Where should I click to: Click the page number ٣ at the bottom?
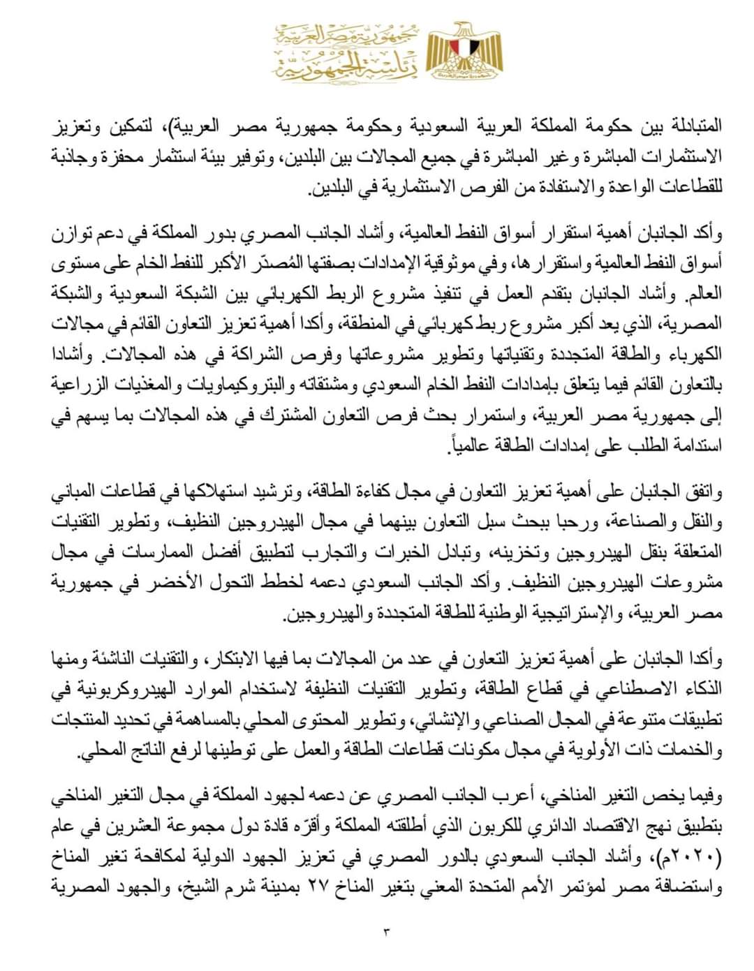(389, 929)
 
